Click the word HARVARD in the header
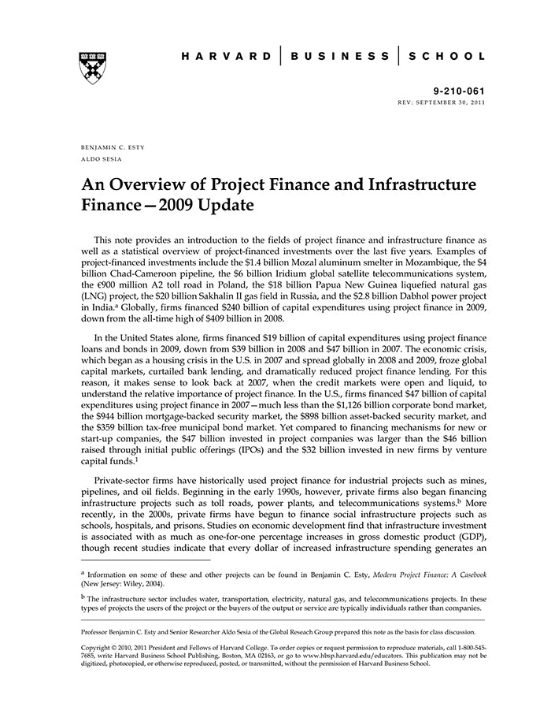click(224, 57)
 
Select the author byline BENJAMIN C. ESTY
click(112, 147)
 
